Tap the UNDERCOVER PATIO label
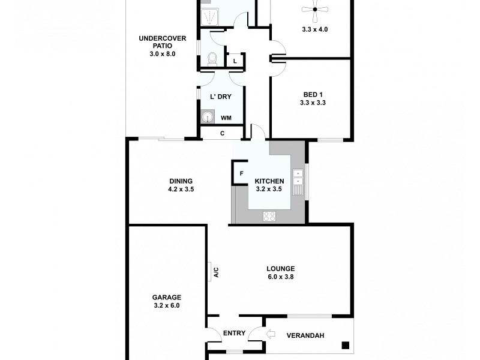(x=163, y=39)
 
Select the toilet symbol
(x=211, y=59)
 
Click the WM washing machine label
(x=226, y=118)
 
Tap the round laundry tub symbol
(x=208, y=118)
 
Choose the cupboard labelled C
(x=222, y=133)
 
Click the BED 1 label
(x=310, y=94)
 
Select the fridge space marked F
(x=241, y=173)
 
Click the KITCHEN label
(x=269, y=181)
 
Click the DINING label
(x=181, y=181)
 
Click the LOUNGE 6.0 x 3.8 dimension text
(x=281, y=277)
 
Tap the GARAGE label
(x=166, y=297)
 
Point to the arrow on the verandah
(x=270, y=334)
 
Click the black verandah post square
(x=346, y=344)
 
